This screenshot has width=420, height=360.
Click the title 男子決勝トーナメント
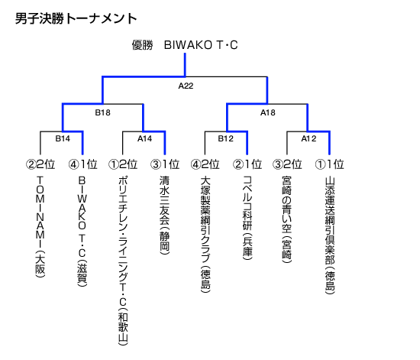(x=76, y=19)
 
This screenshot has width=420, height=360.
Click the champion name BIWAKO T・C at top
(x=201, y=45)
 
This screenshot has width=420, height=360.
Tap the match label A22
(x=186, y=86)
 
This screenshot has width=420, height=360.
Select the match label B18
(x=102, y=112)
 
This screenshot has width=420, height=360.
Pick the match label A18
(x=268, y=112)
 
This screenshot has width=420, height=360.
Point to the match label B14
(x=63, y=138)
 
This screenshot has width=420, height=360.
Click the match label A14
(x=144, y=138)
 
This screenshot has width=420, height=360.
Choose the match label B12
(x=225, y=138)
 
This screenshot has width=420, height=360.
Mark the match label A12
(x=309, y=138)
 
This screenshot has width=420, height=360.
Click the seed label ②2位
(x=40, y=164)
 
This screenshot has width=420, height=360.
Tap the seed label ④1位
(x=82, y=164)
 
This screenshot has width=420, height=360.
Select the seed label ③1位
(x=165, y=164)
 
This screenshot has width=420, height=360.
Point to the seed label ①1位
(x=330, y=164)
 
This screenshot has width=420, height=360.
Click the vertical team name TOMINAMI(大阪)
(x=40, y=227)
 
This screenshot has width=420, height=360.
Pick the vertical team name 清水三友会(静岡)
(x=165, y=215)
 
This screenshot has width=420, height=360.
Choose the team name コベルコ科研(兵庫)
(x=247, y=218)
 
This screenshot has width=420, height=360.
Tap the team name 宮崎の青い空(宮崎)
(x=287, y=219)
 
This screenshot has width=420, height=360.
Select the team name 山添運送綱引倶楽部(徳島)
(x=330, y=235)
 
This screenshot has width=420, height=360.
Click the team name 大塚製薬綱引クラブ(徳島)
(x=205, y=234)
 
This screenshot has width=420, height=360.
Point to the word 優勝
(x=142, y=45)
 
